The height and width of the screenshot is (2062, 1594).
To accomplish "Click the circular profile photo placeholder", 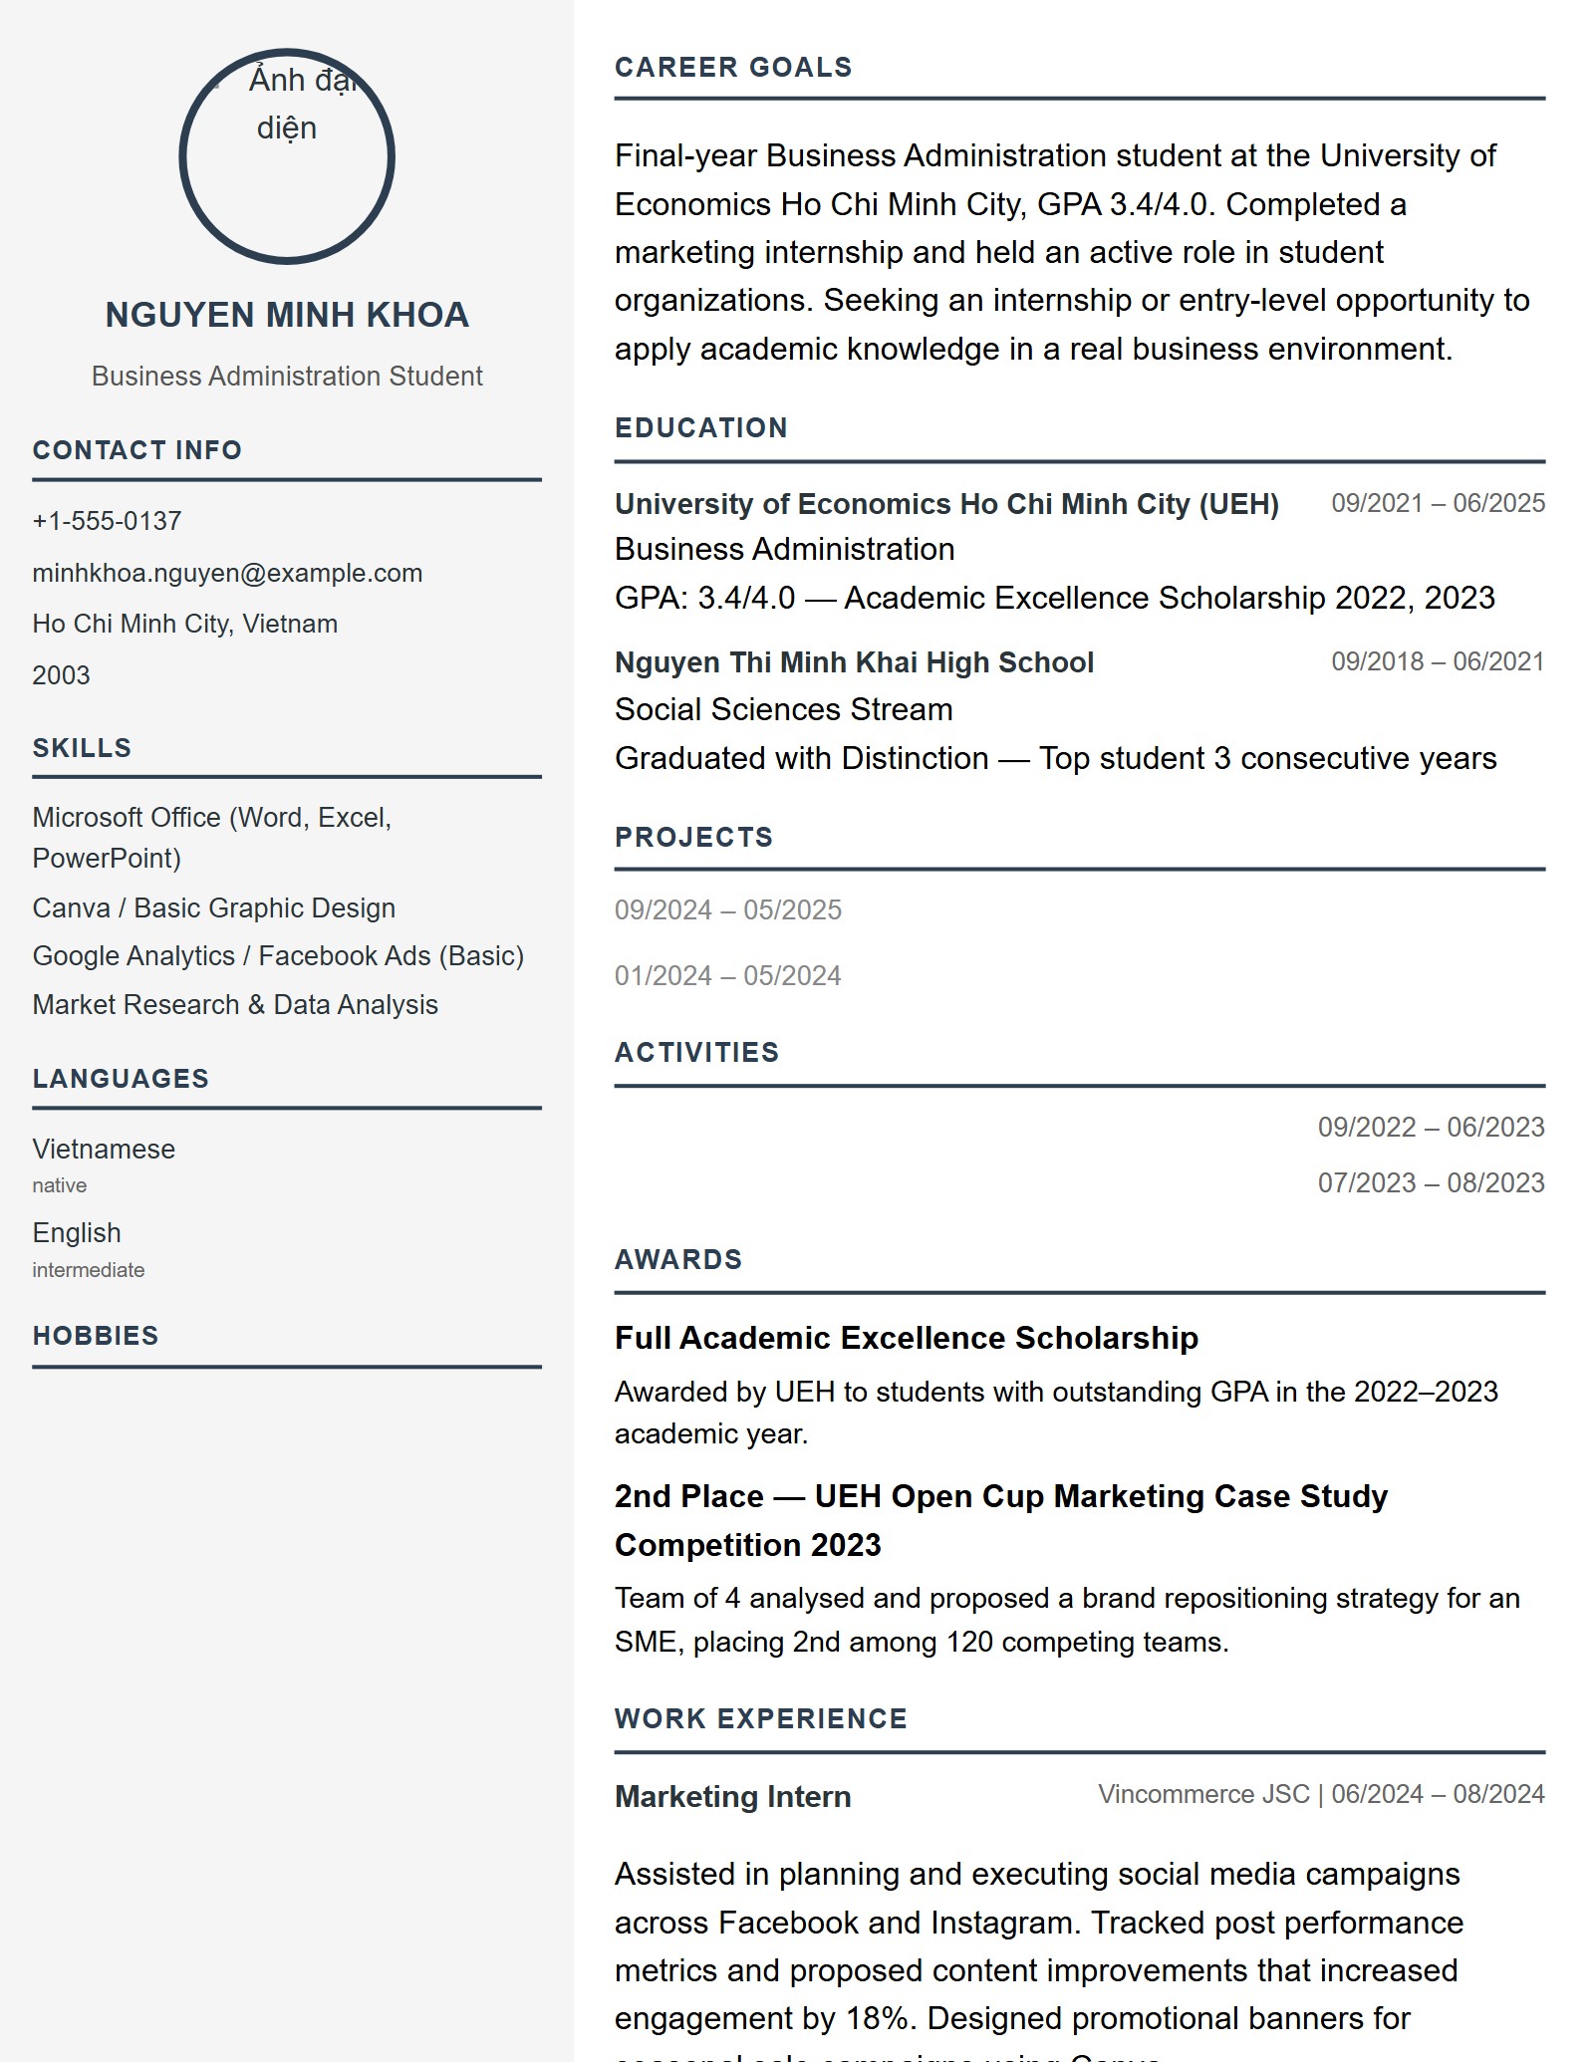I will click(287, 156).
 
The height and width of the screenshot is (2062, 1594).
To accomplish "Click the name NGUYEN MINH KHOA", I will click(287, 315).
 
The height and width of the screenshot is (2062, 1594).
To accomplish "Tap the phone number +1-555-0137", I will click(107, 521).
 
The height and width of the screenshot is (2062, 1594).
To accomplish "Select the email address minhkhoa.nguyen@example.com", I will click(227, 573).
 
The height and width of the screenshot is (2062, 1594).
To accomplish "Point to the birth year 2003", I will click(61, 675).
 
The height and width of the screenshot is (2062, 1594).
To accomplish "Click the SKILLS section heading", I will click(82, 748).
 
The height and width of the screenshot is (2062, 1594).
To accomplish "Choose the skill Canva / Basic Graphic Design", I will click(213, 907).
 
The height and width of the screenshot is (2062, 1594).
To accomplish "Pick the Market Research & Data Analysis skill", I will click(235, 1004).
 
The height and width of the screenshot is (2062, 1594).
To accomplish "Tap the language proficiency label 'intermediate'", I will click(88, 1270).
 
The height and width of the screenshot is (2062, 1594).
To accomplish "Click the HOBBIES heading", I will click(96, 1336).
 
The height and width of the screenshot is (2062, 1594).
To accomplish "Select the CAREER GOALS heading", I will click(733, 68).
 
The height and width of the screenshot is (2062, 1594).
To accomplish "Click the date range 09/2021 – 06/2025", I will click(1438, 503).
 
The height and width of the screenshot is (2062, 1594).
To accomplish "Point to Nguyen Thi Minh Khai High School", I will click(854, 662).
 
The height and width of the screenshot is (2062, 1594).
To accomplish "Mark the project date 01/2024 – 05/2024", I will click(727, 975).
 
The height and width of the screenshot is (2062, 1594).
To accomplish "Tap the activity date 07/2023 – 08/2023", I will click(1431, 1182).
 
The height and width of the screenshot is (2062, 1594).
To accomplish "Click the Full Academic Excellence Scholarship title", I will click(906, 1338).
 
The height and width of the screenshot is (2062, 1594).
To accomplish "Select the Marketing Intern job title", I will click(732, 1796).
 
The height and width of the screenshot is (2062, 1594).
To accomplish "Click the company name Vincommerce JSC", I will click(1202, 1794).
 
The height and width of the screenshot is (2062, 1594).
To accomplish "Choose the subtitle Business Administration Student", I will click(287, 377).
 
